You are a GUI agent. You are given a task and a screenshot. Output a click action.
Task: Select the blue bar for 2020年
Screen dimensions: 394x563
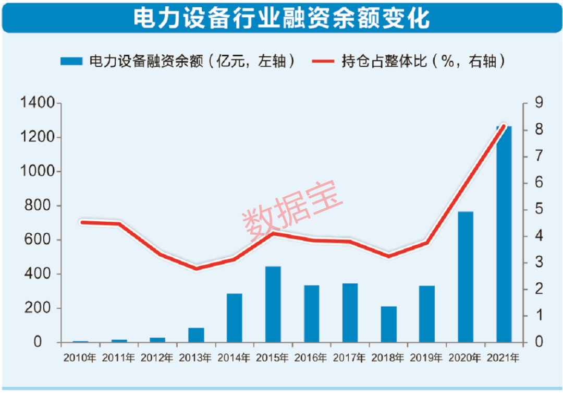466,277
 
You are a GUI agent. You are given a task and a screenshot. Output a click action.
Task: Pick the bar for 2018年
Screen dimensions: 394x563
388,324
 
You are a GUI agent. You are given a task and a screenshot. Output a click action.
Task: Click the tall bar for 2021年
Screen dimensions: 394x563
504,235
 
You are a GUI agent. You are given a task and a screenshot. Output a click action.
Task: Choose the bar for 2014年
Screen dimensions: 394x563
235,318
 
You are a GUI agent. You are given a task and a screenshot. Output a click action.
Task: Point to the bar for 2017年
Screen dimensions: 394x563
350,313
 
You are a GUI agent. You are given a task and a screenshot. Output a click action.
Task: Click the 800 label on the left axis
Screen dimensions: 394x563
40,206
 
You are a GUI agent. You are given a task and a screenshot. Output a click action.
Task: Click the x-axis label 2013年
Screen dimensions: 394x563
195,358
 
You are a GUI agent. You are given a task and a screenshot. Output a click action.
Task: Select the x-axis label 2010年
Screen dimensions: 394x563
80,358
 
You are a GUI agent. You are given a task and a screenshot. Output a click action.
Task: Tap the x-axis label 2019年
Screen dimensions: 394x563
426,358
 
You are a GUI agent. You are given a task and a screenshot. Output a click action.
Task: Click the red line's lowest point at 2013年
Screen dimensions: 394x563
197,269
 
